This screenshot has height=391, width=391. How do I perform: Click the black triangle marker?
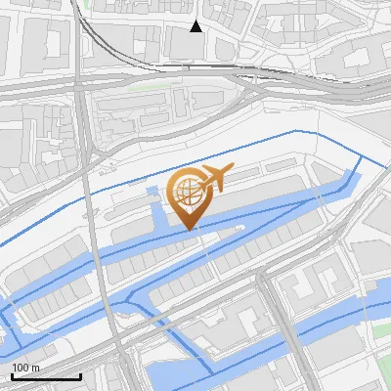point(196,26)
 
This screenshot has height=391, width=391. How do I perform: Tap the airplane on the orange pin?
point(213,181)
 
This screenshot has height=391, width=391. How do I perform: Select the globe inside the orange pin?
point(188,191)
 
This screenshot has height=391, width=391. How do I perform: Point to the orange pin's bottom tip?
point(188,230)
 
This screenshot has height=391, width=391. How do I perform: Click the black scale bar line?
point(46,376)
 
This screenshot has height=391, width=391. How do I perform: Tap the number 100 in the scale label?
point(20,368)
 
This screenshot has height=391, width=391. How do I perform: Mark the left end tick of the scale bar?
point(12,374)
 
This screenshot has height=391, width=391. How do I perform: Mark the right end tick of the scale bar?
point(80,374)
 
